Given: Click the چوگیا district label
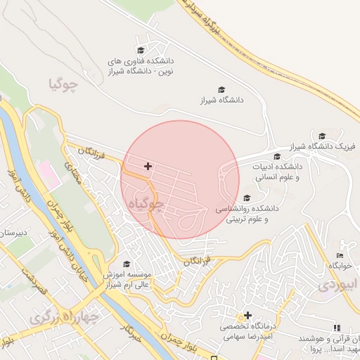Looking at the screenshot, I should (x=62, y=84).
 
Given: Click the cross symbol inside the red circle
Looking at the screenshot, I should (x=148, y=166).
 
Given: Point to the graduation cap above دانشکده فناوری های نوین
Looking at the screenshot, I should (x=140, y=51).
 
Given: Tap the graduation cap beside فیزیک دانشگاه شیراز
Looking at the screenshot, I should (x=322, y=136).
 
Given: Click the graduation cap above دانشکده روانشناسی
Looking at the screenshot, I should (x=246, y=198).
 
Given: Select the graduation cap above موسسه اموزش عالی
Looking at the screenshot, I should (x=127, y=264).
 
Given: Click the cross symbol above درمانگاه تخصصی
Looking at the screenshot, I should (x=247, y=314).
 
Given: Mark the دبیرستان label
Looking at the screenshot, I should (x=13, y=232).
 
